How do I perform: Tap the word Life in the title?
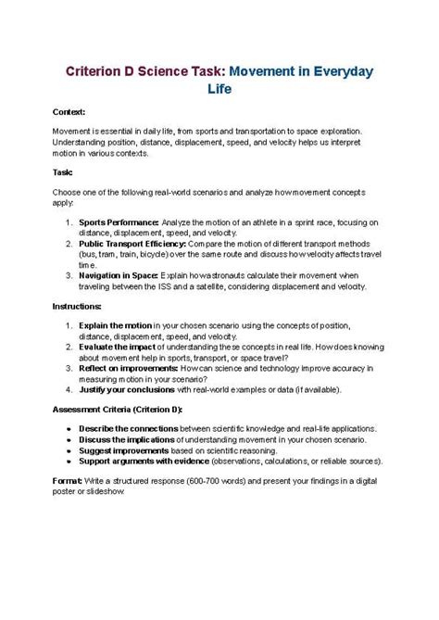click(219, 89)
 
